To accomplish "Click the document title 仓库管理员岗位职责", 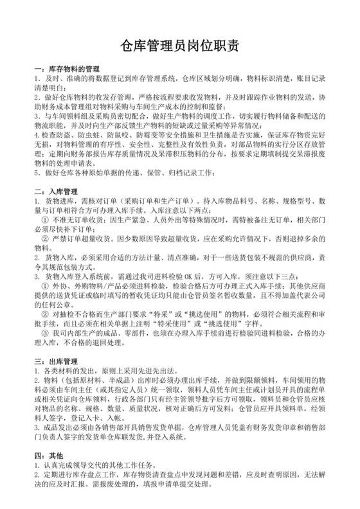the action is coord(180,46).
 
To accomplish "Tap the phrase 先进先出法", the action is coord(152,371).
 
